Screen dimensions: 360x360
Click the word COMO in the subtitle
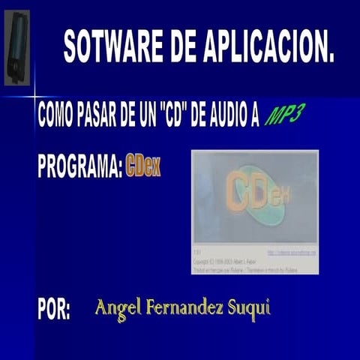pyautogui.click(x=55, y=115)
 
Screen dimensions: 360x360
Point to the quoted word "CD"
pyautogui.click(x=175, y=115)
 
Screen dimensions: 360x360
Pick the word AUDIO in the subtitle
pyautogui.click(x=229, y=115)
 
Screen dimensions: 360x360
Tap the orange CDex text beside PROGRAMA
pyautogui.click(x=143, y=166)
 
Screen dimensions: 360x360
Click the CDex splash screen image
pyautogui.click(x=255, y=213)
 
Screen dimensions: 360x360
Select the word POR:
pyautogui.click(x=54, y=310)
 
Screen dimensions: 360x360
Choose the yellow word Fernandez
pyautogui.click(x=185, y=307)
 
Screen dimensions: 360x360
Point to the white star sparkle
pyautogui.click(x=34, y=96)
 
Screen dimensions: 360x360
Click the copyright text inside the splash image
pyautogui.click(x=225, y=263)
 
